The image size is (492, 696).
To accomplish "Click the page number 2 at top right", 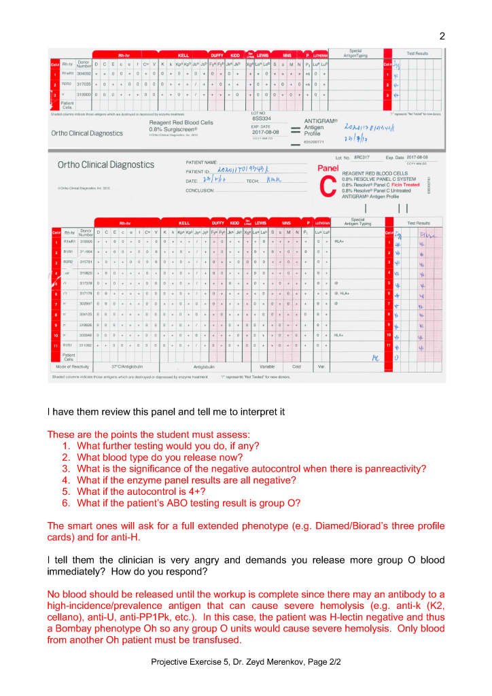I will point(442,36).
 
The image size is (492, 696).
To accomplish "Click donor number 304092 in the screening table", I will point(84,73).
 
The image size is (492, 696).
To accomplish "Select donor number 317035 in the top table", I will point(84,84).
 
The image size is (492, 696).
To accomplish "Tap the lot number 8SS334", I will point(261,118).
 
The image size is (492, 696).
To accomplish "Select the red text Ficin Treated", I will point(405,184).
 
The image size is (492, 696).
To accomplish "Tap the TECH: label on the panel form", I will point(252,181).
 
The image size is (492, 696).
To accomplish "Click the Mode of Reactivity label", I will point(75,366).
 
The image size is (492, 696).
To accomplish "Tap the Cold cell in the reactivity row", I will point(296,366).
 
